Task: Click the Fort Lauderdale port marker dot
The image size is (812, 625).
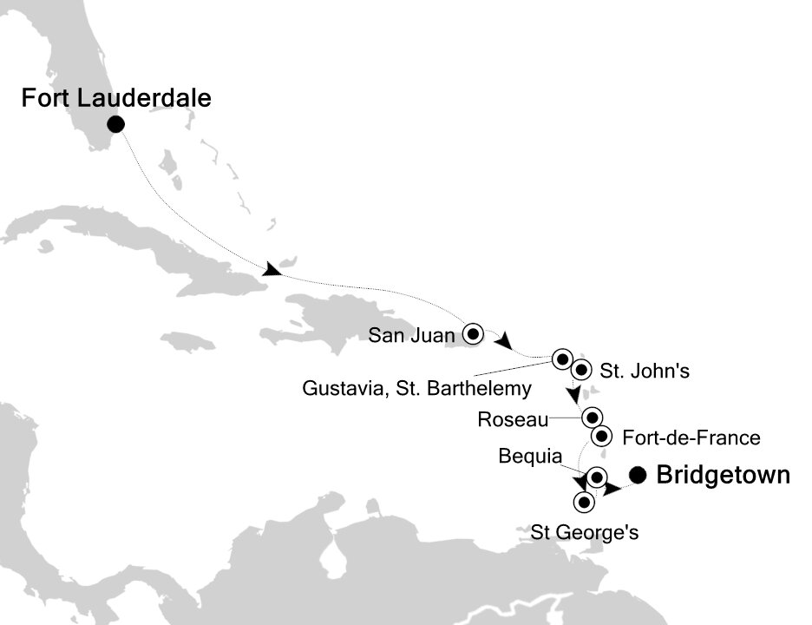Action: (115, 125)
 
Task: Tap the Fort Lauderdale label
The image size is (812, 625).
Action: (115, 99)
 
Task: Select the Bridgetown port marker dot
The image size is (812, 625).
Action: (638, 475)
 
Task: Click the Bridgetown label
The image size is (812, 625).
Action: (724, 475)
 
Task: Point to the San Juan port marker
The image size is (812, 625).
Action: (473, 332)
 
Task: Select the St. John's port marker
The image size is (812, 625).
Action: (581, 368)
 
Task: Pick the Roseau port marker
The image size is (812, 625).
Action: (592, 417)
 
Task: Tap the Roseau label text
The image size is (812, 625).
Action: (513, 421)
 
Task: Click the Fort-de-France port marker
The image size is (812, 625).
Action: (603, 437)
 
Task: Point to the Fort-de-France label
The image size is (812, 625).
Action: (691, 438)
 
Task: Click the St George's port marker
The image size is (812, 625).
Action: (585, 501)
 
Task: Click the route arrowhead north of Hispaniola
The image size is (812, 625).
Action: (272, 271)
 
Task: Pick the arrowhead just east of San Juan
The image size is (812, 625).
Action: (502, 341)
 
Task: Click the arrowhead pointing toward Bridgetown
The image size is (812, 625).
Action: (612, 489)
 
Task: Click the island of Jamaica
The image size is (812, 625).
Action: (189, 341)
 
